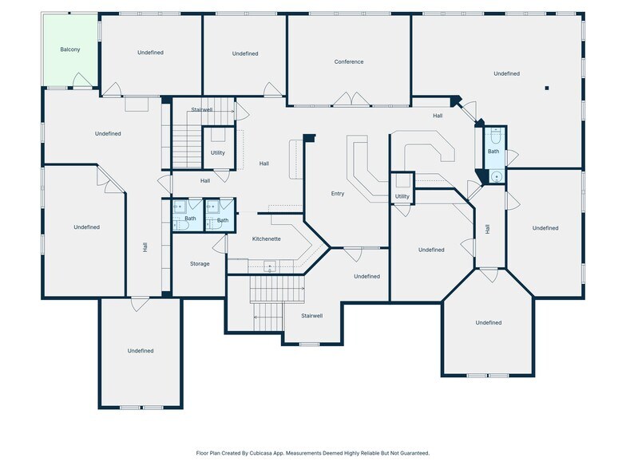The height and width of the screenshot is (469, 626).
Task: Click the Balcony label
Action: coord(70,49)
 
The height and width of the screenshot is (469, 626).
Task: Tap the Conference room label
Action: coord(349,61)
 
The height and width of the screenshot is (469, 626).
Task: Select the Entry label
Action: coord(338,194)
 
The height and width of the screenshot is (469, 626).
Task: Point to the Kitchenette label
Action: coord(266,239)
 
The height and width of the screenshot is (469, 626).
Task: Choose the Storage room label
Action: coord(200,263)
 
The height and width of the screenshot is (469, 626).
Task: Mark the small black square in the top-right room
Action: coord(547,88)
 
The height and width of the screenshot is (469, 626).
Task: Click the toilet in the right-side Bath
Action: coord(494,136)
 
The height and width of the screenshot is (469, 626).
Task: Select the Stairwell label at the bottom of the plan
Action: coord(311,316)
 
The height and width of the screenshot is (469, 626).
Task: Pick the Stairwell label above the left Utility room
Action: coord(202,109)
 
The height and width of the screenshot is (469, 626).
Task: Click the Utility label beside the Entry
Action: coord(402,196)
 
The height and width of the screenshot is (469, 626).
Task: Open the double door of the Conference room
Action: coord(350,100)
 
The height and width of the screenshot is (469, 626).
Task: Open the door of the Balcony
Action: coord(81,80)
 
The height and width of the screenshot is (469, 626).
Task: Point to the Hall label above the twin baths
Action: coord(205,181)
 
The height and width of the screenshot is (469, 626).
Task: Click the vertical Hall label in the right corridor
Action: coord(487,229)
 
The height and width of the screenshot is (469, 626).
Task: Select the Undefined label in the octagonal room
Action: coord(489,322)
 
